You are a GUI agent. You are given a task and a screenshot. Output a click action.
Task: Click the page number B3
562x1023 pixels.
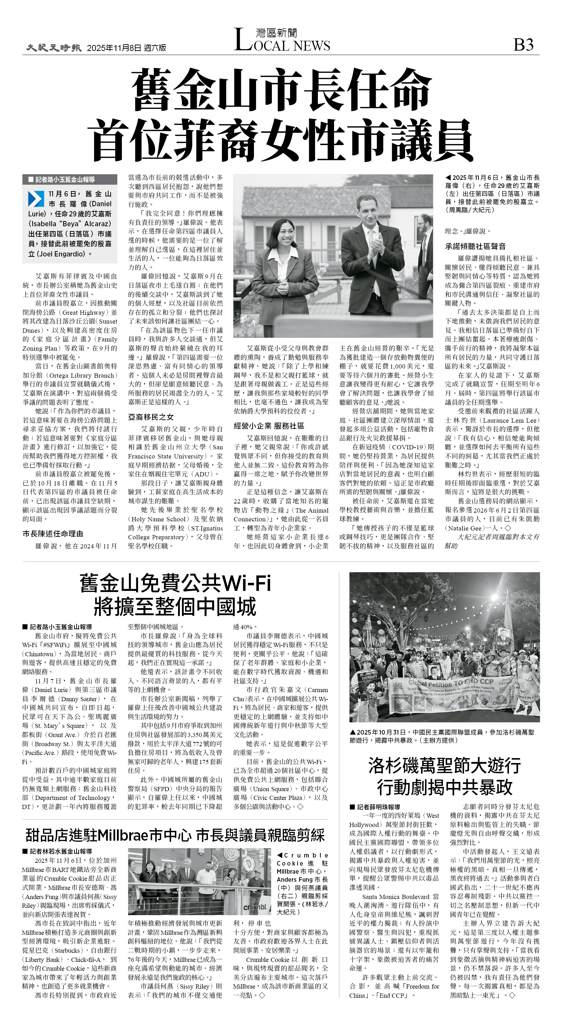(x=523, y=45)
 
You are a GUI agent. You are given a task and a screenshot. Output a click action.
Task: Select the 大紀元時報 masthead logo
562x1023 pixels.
(x=54, y=48)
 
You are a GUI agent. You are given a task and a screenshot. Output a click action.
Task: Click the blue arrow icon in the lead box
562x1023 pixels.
(x=36, y=199)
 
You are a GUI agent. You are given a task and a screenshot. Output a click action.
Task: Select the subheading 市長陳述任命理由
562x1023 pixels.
(x=53, y=534)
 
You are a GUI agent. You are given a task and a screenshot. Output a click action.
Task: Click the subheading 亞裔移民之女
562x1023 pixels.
(x=151, y=417)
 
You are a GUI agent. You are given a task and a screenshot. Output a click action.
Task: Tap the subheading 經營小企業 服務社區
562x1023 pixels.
(x=269, y=426)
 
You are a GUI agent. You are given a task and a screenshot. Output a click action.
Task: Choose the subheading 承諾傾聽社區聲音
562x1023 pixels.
(x=475, y=246)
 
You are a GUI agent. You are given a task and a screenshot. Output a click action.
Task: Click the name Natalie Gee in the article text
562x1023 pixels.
(x=464, y=528)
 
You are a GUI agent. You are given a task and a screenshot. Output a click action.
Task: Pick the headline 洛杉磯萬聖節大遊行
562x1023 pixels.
(x=444, y=765)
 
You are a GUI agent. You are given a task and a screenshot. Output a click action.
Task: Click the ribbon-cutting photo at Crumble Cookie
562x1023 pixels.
(x=199, y=882)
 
